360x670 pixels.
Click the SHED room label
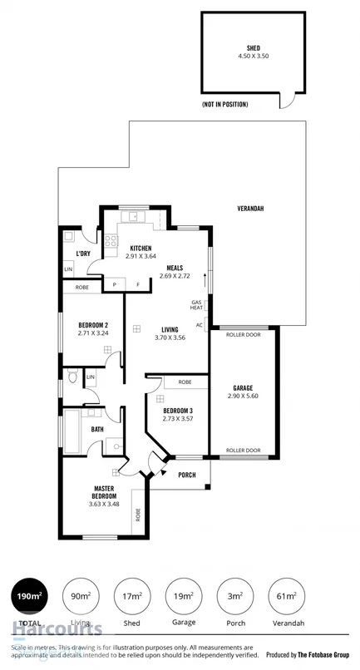[x=253, y=48]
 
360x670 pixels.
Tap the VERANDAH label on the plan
[x=250, y=208]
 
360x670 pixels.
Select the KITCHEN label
[x=140, y=248]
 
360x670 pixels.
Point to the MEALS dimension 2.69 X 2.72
[x=175, y=275]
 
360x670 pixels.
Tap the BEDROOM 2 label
[x=94, y=324]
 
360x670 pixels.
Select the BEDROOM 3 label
[x=178, y=411]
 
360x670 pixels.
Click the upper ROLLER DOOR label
[x=244, y=335]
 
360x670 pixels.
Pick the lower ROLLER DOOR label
[x=244, y=451]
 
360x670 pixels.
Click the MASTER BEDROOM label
[x=104, y=493]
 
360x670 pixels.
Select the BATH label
[x=97, y=430]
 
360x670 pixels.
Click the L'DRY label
[x=83, y=254]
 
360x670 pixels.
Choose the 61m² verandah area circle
[x=288, y=597]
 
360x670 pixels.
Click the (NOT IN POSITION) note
[x=224, y=105]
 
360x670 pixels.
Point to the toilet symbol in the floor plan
[x=73, y=379]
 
